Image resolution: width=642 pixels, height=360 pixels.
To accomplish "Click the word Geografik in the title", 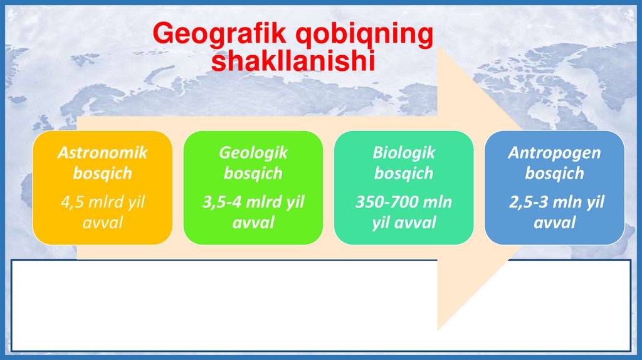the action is click(219, 34).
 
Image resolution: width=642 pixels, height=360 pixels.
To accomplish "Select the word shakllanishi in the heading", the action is click(293, 61).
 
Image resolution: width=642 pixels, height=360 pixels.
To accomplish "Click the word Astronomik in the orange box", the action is click(102, 152).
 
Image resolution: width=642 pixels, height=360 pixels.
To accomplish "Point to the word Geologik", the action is click(253, 152).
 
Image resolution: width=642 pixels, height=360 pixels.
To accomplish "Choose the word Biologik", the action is click(404, 152).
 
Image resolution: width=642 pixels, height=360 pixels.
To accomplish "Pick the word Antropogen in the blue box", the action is click(554, 153).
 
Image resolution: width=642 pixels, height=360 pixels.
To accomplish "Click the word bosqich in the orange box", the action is click(102, 173).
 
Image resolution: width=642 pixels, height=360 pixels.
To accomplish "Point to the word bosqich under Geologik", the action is click(253, 173).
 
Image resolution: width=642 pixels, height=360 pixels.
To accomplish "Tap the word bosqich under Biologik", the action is click(404, 173).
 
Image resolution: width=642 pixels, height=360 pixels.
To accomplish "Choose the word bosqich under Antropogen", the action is click(554, 173).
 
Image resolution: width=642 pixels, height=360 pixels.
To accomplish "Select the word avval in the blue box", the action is click(555, 223).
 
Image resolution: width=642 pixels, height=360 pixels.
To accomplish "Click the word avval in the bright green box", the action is click(253, 223).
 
